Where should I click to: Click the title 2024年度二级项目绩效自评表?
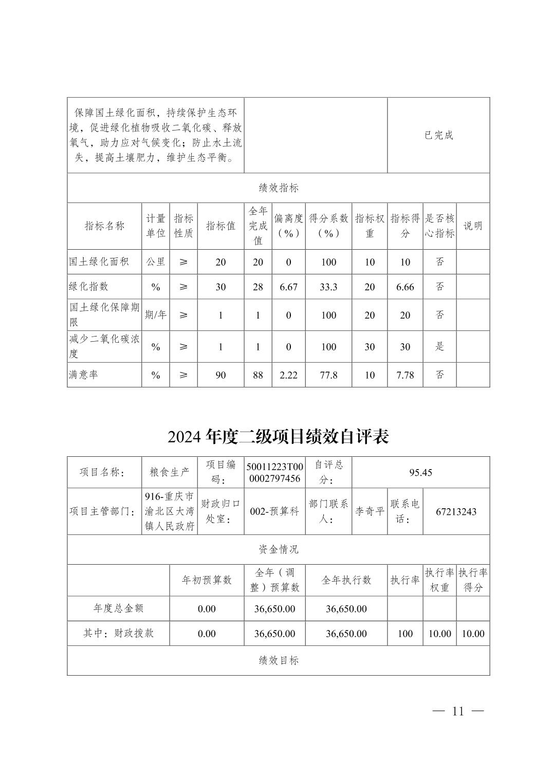(278, 437)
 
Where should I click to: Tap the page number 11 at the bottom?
(458, 711)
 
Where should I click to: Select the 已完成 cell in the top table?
(438, 135)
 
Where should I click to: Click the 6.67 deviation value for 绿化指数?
(288, 287)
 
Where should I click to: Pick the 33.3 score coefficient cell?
(328, 287)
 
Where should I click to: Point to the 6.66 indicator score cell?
(405, 287)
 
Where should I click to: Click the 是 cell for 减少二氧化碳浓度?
(439, 347)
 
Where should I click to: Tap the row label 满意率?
(84, 375)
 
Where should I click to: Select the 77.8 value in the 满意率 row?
(328, 375)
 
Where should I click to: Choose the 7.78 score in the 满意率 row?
(405, 375)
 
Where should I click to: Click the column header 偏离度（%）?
(288, 226)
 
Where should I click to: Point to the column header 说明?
(473, 226)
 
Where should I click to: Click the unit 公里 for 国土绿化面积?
(156, 262)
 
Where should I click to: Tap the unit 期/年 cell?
(156, 315)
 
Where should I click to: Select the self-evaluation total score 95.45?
(420, 472)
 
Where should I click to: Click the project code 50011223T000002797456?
(274, 472)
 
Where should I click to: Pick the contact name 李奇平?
(370, 512)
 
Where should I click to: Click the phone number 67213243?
(456, 512)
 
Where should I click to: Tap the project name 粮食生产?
(169, 472)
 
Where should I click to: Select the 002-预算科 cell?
(274, 512)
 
